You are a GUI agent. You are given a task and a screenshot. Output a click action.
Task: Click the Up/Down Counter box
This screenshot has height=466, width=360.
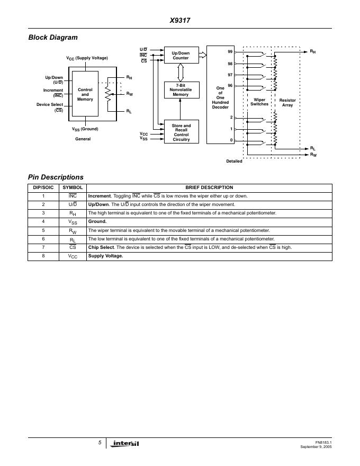coord(181,55)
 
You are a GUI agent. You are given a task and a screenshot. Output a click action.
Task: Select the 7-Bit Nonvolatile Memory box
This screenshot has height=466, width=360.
coord(181,90)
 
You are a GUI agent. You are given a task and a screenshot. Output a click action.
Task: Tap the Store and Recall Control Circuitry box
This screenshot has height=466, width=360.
coord(181,132)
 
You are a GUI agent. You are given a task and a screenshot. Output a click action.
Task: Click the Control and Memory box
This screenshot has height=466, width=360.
coord(85,95)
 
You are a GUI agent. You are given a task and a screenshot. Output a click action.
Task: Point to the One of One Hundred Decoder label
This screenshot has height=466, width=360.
coord(220,97)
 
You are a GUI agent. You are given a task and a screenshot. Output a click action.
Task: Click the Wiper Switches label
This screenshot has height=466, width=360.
coord(259,102)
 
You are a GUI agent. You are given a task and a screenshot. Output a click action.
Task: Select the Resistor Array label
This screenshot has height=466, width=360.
coord(287,102)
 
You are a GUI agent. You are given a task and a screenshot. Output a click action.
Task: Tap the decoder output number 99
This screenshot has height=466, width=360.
coord(230,52)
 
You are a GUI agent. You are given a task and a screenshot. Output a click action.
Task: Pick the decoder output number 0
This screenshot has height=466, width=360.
coord(231,140)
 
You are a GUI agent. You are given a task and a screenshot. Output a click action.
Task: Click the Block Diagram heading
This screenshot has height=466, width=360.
coord(52,37)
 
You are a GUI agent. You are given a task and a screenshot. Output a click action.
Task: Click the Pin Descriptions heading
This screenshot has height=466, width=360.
coord(56,177)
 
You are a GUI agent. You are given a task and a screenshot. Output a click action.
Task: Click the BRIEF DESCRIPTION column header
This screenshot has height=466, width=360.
coord(209,187)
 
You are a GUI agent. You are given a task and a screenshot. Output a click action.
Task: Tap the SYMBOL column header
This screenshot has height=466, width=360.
coord(73,187)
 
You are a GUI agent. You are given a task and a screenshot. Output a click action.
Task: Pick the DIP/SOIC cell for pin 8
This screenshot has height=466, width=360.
coord(43,256)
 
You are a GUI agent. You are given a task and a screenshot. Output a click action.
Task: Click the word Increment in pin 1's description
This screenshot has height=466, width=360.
coord(100,196)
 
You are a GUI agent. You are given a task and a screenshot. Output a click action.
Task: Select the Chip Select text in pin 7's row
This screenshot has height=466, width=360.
coord(101,247)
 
